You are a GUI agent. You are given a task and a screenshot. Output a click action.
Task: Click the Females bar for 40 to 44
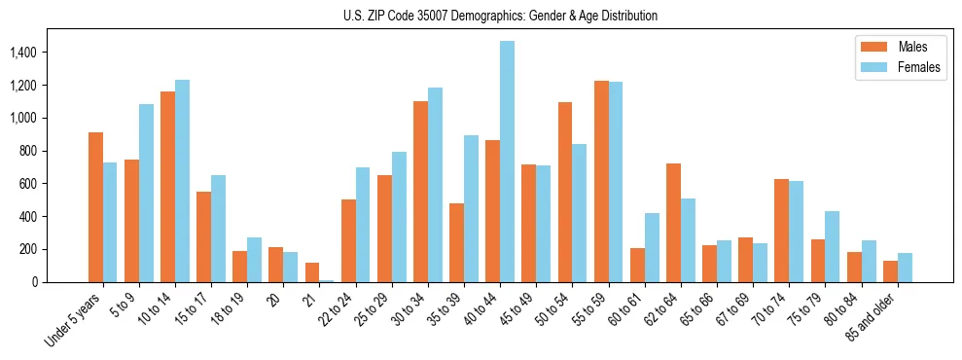(x=508, y=162)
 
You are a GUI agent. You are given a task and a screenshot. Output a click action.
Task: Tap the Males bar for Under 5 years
(x=95, y=207)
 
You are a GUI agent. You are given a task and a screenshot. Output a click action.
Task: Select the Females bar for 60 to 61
(x=652, y=247)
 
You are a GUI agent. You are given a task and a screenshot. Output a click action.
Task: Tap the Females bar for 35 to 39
(x=471, y=208)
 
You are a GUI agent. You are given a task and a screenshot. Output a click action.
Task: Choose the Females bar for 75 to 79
(x=833, y=246)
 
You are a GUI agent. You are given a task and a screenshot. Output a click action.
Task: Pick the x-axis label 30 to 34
(x=411, y=311)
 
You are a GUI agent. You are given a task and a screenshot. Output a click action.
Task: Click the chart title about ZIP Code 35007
(x=500, y=16)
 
